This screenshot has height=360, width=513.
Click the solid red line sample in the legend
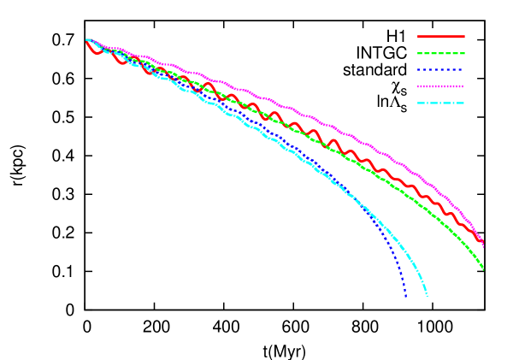441,37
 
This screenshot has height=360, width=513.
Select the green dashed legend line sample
441,53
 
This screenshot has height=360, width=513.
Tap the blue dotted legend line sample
441,70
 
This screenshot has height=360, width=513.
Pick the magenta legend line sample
441,86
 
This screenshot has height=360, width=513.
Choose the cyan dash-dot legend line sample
441,103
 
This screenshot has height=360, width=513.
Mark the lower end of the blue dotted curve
405,296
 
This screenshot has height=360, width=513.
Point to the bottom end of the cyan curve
427,295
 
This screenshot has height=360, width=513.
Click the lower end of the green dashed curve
483,269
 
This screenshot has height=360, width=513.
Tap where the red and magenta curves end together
483,244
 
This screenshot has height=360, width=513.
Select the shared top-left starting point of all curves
87,39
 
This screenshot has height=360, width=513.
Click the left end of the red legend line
418,37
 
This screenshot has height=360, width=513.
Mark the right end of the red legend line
464,37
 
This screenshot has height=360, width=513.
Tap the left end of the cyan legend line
418,103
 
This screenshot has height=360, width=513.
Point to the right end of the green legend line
464,53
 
